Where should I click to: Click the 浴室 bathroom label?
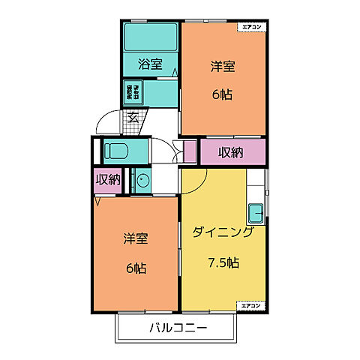click(x=150, y=64)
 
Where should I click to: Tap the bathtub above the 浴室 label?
click(x=151, y=35)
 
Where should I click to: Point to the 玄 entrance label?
click(x=132, y=116)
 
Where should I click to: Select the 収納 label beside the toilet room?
click(x=108, y=179)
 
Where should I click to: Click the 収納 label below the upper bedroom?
click(x=230, y=152)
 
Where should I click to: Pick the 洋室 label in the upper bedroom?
click(x=223, y=66)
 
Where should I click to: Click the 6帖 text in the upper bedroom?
click(x=223, y=95)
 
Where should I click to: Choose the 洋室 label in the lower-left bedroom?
click(x=136, y=239)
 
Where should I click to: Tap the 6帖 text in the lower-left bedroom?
click(x=136, y=268)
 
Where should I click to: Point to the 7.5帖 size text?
click(x=223, y=262)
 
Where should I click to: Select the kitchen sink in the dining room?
click(x=256, y=213)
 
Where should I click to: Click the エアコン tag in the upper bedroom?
click(x=251, y=28)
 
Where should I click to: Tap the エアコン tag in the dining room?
click(x=251, y=306)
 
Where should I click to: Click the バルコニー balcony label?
click(x=178, y=328)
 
